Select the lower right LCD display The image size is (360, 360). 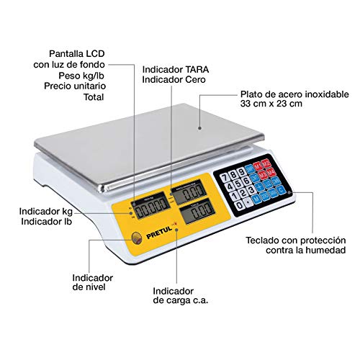[x=189, y=214]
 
